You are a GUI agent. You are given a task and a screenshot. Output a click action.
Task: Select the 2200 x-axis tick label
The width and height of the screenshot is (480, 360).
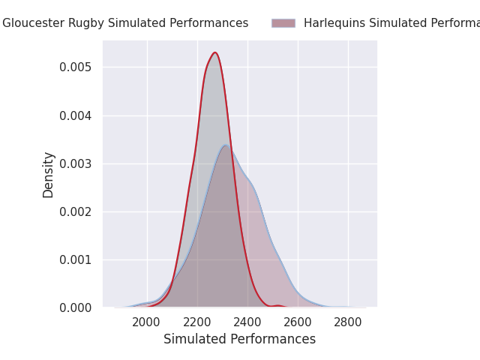(197, 322)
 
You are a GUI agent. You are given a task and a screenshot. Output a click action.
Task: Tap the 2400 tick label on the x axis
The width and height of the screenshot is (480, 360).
(247, 322)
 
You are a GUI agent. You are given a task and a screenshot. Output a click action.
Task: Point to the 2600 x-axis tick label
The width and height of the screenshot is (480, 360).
(298, 322)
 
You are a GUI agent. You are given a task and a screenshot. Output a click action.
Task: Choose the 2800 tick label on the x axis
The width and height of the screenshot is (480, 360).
(348, 322)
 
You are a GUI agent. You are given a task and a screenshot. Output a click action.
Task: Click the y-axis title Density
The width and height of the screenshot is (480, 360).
(49, 175)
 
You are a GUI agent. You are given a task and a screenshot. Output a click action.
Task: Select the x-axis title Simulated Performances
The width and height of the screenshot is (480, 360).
(239, 339)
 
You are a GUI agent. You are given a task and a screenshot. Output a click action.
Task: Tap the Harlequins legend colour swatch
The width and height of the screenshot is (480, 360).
(283, 23)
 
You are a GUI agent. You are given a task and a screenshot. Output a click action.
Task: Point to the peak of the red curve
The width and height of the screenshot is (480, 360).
(214, 52)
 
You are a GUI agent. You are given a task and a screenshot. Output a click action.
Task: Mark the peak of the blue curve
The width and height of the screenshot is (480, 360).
(226, 145)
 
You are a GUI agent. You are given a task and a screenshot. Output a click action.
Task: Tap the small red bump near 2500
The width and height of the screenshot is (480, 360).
(278, 305)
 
